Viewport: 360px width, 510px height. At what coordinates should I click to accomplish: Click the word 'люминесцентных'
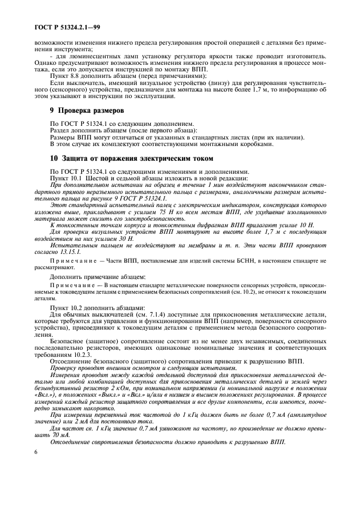coord(93,56)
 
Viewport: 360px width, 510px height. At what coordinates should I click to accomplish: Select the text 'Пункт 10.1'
coord(65,179)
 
